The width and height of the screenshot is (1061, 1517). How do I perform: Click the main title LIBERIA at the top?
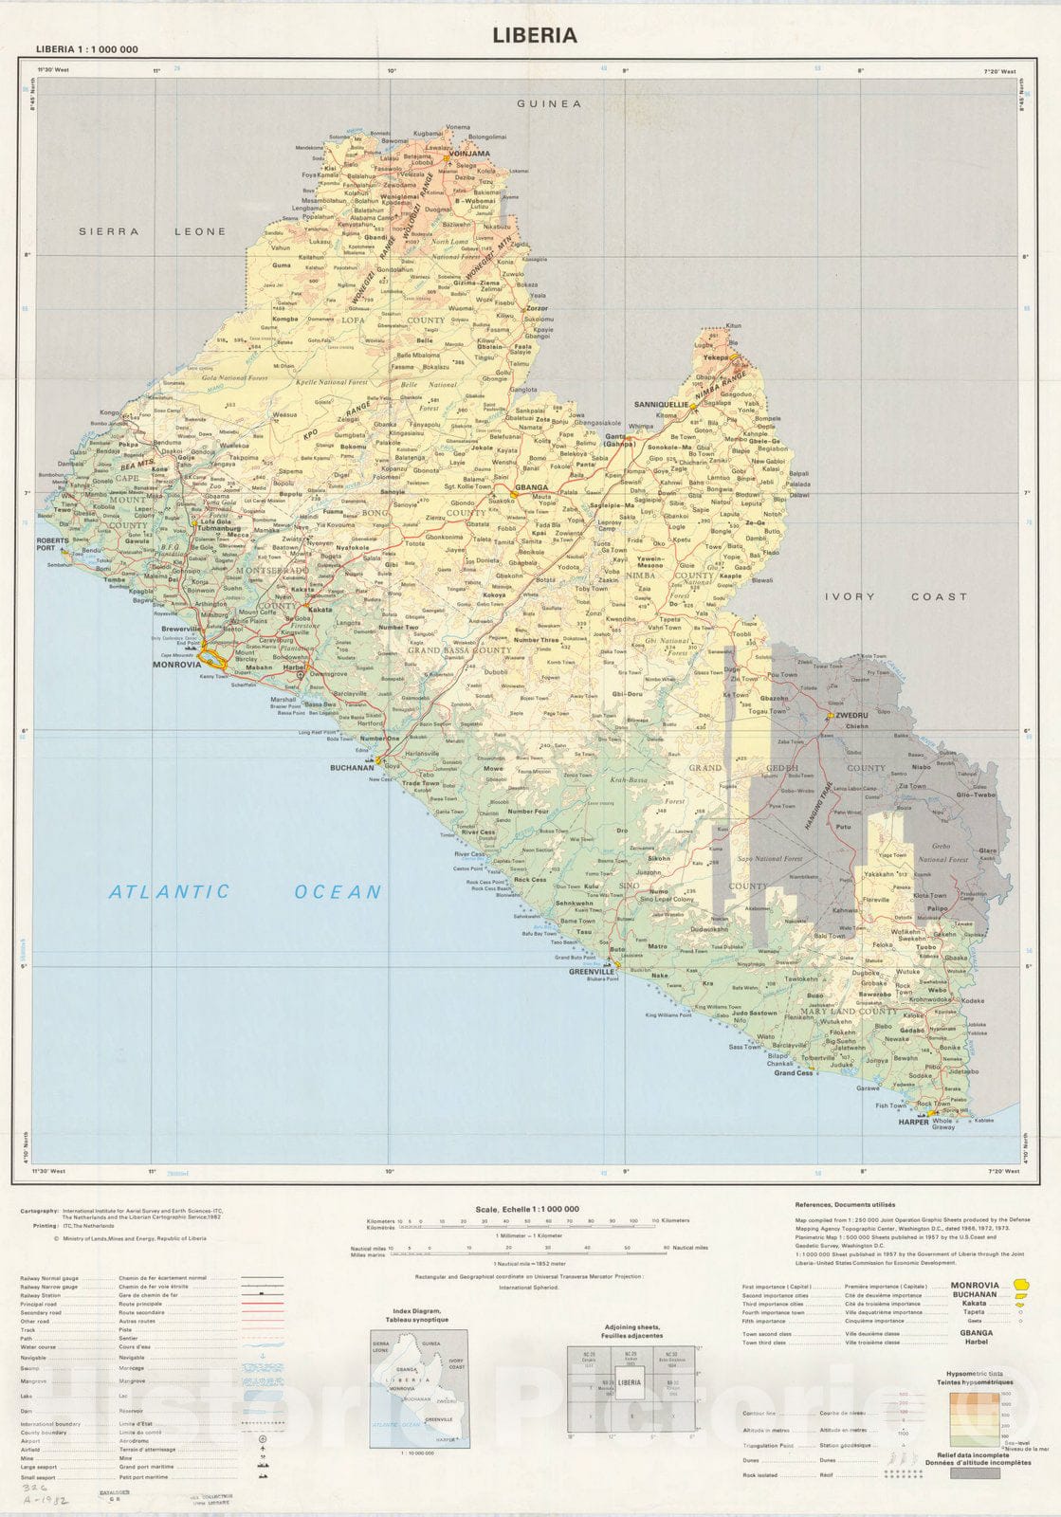[534, 36]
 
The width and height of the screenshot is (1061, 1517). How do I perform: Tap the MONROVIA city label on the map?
[177, 666]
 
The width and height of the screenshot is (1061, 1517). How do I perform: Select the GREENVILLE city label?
[592, 972]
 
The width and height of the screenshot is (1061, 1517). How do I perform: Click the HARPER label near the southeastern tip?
[913, 1122]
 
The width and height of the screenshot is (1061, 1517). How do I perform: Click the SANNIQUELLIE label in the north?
[661, 404]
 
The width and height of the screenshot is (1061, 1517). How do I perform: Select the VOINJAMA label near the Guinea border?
[471, 153]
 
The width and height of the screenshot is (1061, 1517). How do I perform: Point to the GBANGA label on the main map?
[531, 487]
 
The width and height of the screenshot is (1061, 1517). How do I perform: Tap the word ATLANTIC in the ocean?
[169, 891]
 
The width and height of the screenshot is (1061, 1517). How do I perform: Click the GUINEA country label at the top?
[548, 104]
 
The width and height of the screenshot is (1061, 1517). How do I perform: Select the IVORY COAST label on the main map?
[895, 596]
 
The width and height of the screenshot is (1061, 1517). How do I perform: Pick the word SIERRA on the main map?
[108, 231]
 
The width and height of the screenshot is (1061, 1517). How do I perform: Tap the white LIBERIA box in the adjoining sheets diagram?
[630, 1382]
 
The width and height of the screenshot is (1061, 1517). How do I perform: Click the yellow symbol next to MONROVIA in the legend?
[1020, 1286]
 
